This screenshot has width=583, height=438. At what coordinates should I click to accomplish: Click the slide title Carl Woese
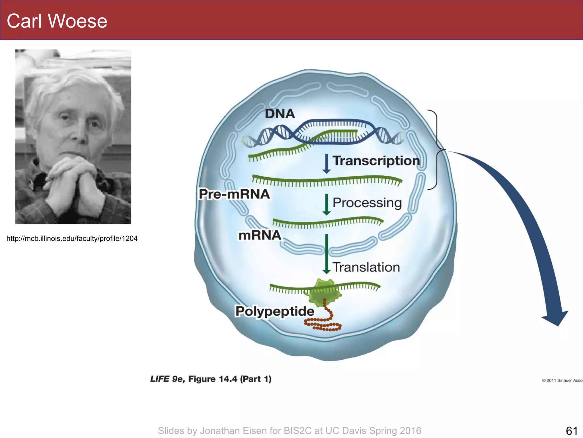(57, 21)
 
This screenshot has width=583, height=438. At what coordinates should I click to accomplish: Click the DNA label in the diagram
(280, 114)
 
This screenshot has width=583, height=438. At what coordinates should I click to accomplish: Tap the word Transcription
(376, 161)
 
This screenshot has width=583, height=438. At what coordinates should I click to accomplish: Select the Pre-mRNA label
(234, 194)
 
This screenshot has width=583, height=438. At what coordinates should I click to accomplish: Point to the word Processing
(367, 203)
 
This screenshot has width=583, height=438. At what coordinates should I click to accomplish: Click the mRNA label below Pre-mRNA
(260, 236)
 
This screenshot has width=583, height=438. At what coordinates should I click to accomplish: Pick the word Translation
(366, 267)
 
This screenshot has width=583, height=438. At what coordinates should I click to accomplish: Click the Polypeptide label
(275, 311)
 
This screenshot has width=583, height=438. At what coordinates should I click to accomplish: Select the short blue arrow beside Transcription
(327, 164)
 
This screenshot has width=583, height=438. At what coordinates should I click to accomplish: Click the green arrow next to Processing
(327, 204)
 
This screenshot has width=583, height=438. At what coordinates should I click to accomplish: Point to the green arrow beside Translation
(327, 254)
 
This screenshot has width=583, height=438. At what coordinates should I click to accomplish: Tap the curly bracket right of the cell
(436, 150)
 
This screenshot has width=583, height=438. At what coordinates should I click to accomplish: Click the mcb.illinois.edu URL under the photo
(72, 238)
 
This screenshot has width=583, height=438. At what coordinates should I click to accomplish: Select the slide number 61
(571, 431)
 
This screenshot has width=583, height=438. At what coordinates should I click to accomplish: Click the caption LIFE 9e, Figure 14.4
(211, 379)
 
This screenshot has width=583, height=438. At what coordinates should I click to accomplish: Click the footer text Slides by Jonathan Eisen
(289, 431)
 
